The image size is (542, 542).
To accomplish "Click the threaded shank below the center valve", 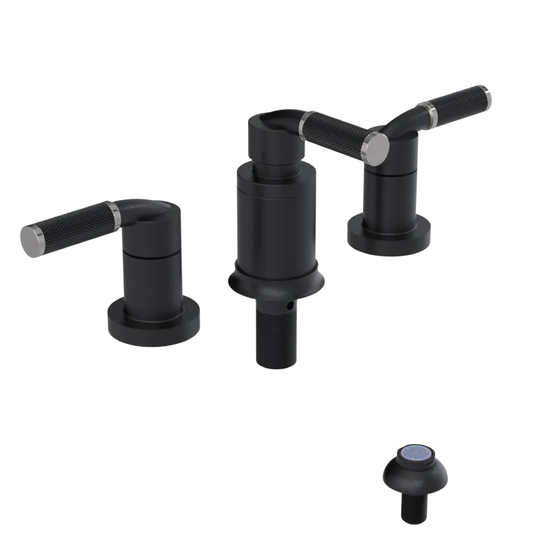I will point(275,336).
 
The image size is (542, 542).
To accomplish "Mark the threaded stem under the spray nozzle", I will point(414,507).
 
